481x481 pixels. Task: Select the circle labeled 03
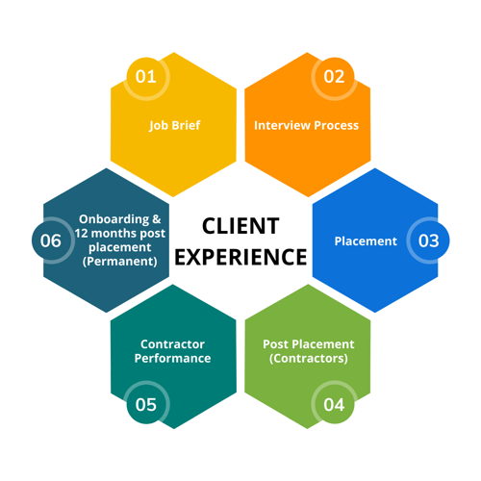(428, 240)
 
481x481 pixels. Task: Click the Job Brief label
(175, 125)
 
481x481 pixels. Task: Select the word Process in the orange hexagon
(336, 126)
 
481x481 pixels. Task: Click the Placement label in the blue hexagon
(366, 241)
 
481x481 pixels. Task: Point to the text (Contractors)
(309, 358)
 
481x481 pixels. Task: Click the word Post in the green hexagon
(276, 344)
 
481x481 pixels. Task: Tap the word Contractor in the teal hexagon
(172, 344)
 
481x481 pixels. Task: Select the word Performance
(172, 358)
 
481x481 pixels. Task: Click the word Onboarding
(114, 219)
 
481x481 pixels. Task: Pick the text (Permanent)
(120, 262)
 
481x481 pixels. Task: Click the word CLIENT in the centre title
(240, 226)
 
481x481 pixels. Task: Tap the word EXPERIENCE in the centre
(240, 257)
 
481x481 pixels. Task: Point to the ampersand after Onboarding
(157, 219)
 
